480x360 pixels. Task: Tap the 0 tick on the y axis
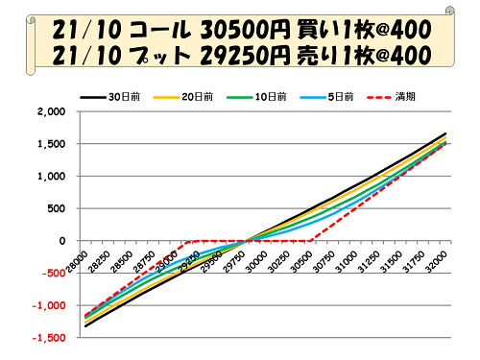click(x=61, y=241)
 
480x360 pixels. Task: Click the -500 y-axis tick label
click(x=54, y=274)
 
